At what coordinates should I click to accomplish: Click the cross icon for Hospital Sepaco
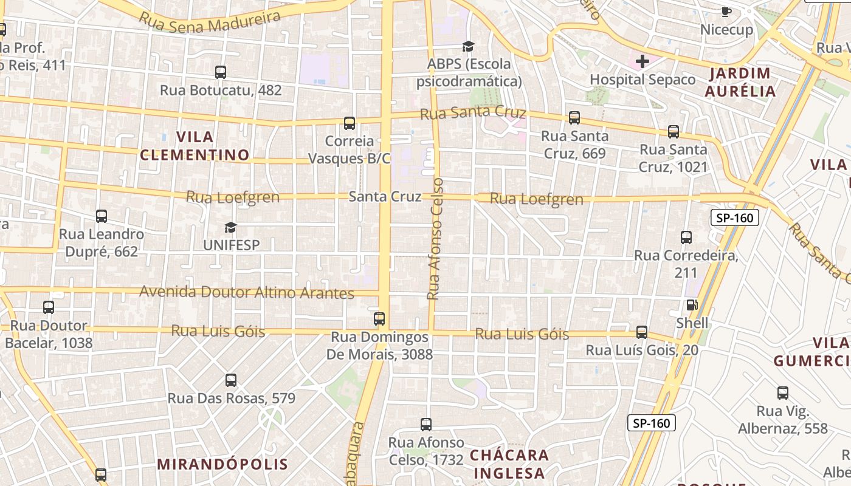[643, 61]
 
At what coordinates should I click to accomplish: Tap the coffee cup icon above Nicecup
[726, 12]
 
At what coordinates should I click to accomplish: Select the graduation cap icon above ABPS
[468, 46]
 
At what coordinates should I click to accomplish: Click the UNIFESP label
[231, 245]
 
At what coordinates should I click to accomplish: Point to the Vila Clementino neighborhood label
[195, 146]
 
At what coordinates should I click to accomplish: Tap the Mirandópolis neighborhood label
[222, 465]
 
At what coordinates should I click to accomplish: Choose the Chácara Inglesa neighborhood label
[509, 464]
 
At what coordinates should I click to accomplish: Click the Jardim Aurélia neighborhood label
[740, 83]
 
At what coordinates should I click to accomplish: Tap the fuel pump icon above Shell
[691, 305]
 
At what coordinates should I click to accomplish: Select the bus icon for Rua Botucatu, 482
[221, 72]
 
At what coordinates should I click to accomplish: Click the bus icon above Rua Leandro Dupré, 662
[102, 216]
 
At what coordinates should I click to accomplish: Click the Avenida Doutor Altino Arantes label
[247, 293]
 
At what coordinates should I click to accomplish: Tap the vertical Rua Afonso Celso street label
[436, 239]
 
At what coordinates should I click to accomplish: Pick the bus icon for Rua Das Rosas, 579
[231, 380]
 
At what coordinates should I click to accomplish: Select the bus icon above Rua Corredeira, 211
[686, 238]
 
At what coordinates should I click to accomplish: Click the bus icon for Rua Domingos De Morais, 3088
[379, 318]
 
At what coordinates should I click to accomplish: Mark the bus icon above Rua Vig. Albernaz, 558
[783, 393]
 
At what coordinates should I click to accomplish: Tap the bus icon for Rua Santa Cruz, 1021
[674, 132]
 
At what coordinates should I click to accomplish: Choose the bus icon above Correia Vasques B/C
[350, 123]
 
